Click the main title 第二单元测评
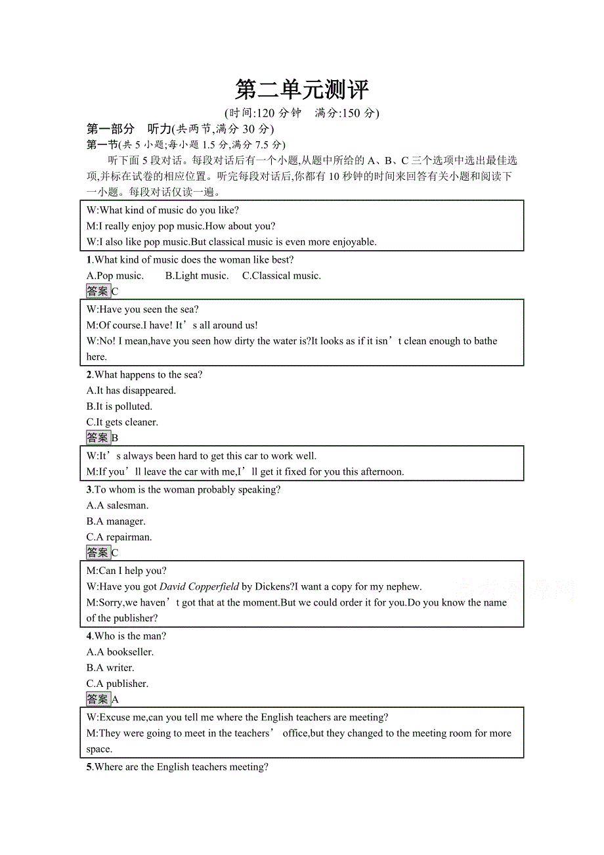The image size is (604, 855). pos(301,90)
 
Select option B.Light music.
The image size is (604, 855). pos(196,276)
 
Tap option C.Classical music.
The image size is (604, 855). pos(281,276)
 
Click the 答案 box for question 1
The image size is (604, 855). pos(98,292)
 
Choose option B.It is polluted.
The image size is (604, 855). pos(119,406)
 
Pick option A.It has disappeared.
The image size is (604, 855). pos(131,391)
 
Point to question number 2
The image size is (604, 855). pos(89,375)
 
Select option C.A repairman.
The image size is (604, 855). pos(119,537)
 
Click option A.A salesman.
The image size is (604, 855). pos(118,506)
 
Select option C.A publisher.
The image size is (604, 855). pos(117,684)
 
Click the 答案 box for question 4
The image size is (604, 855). pos(98,699)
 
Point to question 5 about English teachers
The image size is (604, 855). pos(177,767)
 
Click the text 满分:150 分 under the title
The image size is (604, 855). pos(347,113)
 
